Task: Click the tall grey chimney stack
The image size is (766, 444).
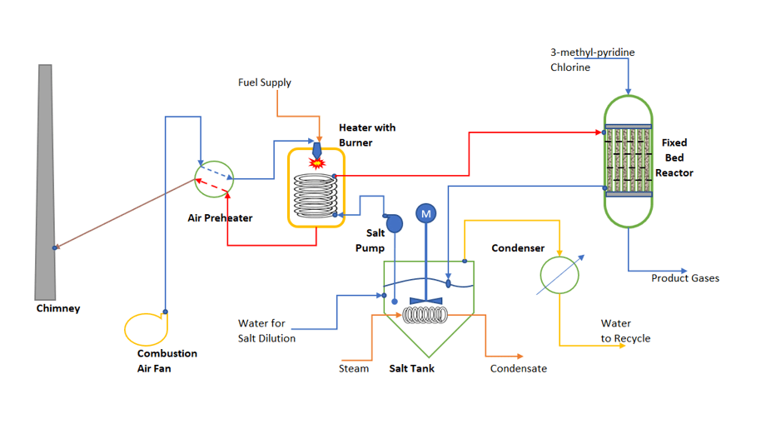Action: click(47, 192)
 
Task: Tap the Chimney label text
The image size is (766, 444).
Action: click(58, 308)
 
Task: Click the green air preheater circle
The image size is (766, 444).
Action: click(214, 178)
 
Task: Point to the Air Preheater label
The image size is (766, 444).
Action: click(220, 217)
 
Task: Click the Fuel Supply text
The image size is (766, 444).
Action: click(264, 82)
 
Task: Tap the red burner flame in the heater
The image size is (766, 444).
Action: click(316, 163)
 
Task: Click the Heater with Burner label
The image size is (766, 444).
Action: click(367, 135)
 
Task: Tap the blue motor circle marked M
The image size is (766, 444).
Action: click(426, 214)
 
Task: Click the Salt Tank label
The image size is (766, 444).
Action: click(411, 368)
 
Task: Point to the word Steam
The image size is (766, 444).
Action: click(354, 368)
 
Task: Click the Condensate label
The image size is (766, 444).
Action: click(518, 368)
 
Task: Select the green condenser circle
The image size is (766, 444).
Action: click(560, 274)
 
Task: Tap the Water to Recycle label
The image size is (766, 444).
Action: click(625, 331)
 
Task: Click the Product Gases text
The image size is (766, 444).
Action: click(684, 278)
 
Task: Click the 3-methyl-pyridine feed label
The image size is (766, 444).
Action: click(592, 52)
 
